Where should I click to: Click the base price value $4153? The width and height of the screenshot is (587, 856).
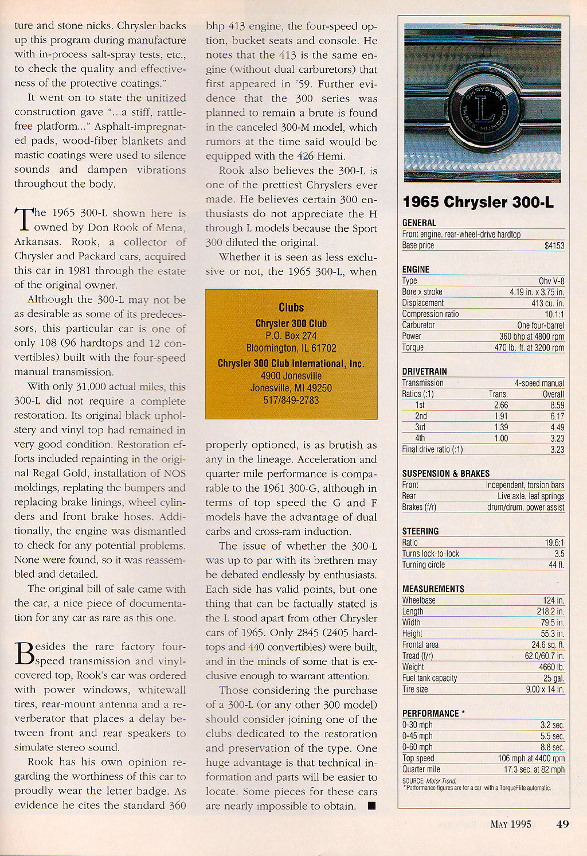point(554,246)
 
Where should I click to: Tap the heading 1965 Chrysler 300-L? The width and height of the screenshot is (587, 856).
point(478,202)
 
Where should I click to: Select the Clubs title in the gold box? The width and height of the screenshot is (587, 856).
point(291,308)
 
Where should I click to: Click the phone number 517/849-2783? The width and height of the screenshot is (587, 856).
point(291,400)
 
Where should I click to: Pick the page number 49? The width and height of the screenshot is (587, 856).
point(562,824)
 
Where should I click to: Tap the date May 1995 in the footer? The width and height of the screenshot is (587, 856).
point(511,824)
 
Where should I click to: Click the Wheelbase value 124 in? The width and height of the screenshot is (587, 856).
point(554,600)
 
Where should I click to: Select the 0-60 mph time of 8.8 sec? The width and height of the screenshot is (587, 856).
point(553,747)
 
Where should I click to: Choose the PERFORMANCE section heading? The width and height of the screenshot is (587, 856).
point(431,713)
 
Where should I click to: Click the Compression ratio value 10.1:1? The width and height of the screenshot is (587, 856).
point(554,314)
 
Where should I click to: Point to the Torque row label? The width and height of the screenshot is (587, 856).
point(413,347)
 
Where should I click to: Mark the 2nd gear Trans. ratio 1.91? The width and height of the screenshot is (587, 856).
point(501,416)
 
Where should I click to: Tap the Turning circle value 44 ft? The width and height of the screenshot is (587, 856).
point(556,565)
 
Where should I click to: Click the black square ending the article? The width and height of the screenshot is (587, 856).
point(371,806)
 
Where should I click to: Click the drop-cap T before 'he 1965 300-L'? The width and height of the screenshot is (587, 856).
point(22,220)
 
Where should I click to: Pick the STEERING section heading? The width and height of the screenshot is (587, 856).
point(420,531)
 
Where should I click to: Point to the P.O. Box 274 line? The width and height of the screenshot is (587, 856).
point(291,336)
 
